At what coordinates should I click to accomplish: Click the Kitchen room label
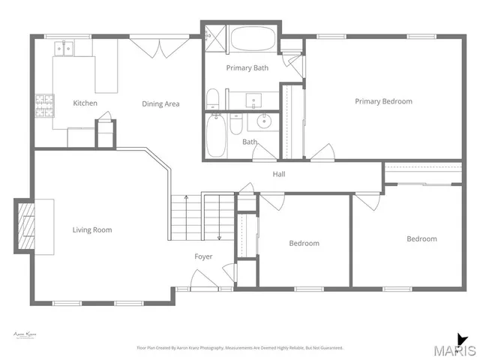[84, 103]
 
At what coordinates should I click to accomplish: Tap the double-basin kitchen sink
[63, 48]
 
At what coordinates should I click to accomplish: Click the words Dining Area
[160, 103]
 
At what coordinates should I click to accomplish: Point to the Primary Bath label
[247, 68]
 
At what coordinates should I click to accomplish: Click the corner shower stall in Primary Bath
[214, 37]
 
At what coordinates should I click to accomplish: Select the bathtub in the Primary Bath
[253, 39]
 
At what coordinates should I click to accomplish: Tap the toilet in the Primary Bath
[212, 98]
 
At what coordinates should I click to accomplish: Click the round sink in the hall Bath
[265, 121]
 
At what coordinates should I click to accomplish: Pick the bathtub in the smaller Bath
[216, 135]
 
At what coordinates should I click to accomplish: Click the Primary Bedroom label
[383, 101]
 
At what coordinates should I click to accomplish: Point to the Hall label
[278, 175]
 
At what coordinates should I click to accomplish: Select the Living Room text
[92, 229]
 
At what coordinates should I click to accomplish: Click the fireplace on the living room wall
[28, 224]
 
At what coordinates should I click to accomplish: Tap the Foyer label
[203, 256]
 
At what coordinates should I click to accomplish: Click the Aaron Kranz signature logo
[25, 335]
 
